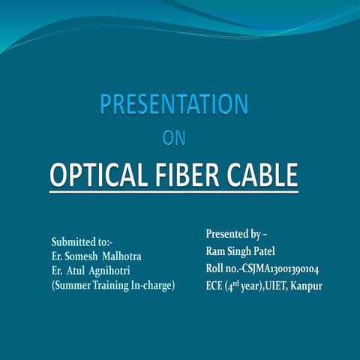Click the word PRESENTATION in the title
(x=174, y=103)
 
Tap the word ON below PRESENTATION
(x=174, y=138)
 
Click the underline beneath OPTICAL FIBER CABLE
(x=174, y=193)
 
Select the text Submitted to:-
(x=81, y=242)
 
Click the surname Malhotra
(x=121, y=256)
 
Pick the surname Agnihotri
(x=119, y=271)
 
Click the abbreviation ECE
(x=215, y=286)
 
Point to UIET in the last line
(x=275, y=286)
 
